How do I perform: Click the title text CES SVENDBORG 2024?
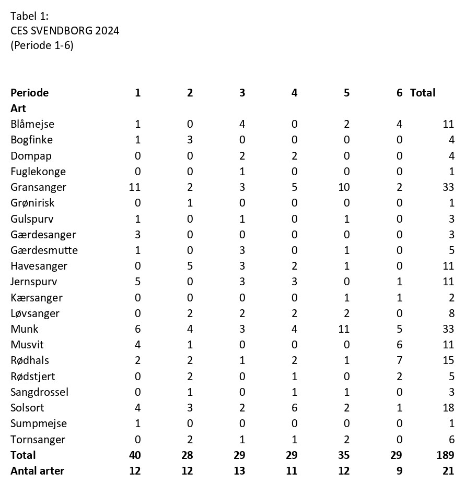[x=65, y=31]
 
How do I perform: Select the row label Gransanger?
[x=38, y=187]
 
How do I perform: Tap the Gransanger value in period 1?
[x=135, y=187]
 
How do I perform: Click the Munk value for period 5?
[x=344, y=329]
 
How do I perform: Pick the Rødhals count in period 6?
[x=399, y=360]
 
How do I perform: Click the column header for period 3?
[x=242, y=93]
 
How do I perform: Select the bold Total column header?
[x=423, y=93]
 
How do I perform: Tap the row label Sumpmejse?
[x=39, y=423]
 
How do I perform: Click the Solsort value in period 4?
[x=295, y=408]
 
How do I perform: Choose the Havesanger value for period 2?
[x=190, y=266]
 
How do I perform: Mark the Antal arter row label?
[x=37, y=471]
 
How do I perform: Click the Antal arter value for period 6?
[x=399, y=471]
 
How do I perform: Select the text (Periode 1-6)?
[x=42, y=45]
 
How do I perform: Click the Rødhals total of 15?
[x=448, y=360]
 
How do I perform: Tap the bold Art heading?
[x=18, y=108]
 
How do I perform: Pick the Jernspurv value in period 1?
[x=138, y=282]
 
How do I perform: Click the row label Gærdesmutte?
[x=44, y=250]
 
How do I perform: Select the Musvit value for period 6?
[x=399, y=345]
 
